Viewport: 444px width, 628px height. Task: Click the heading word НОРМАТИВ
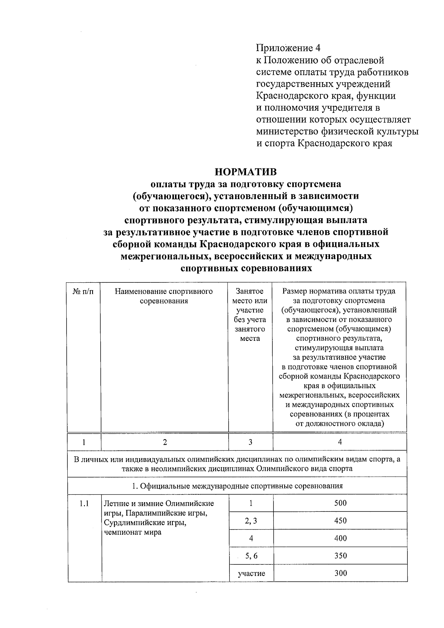(246, 172)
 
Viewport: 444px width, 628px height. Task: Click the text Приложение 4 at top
(288, 48)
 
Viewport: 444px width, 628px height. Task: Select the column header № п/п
(84, 292)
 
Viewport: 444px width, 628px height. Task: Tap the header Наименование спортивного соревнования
(164, 296)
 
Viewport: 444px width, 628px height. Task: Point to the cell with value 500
(340, 503)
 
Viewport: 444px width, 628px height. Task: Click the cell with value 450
(340, 521)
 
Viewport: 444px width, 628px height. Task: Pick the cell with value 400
(340, 538)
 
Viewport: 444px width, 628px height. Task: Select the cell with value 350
(340, 555)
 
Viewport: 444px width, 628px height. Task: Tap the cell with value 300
(340, 573)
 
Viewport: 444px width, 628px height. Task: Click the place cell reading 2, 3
(251, 521)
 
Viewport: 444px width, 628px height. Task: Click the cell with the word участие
(251, 574)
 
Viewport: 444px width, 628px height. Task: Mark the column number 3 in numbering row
(250, 442)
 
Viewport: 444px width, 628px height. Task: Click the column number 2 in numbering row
(165, 442)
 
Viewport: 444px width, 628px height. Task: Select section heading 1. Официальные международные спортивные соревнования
(237, 486)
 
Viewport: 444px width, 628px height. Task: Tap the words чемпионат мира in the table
(132, 533)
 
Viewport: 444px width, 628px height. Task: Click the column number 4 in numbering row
(340, 441)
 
